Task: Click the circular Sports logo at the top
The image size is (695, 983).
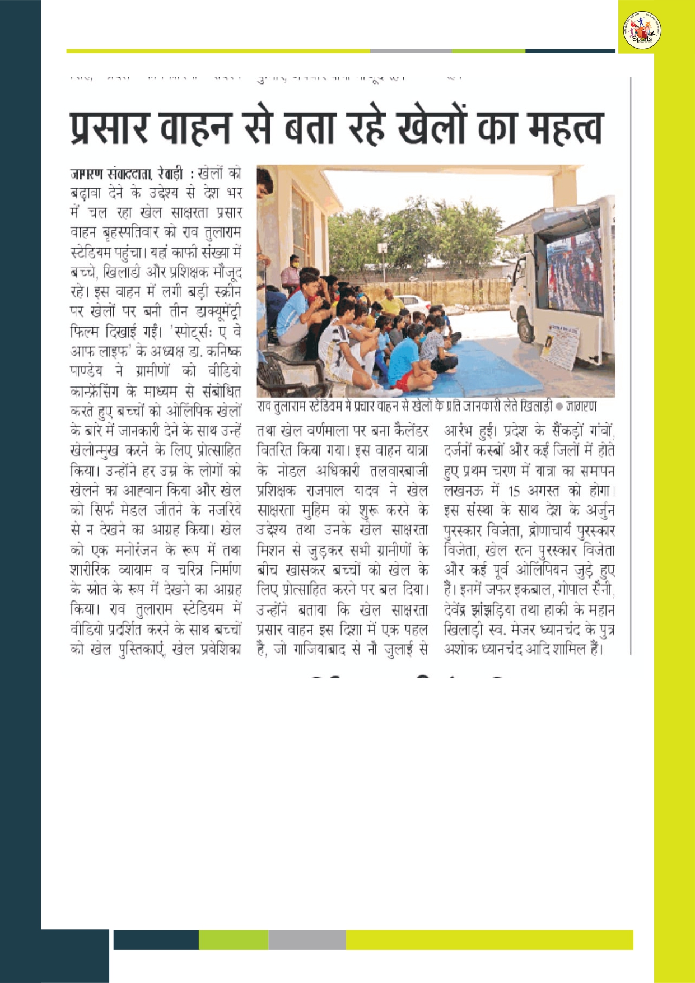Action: pyautogui.click(x=642, y=31)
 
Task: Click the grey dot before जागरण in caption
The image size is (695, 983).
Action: pyautogui.click(x=559, y=406)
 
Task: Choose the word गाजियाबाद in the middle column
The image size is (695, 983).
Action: pyautogui.click(x=321, y=650)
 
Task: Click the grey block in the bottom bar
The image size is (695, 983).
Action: pyautogui.click(x=307, y=939)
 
